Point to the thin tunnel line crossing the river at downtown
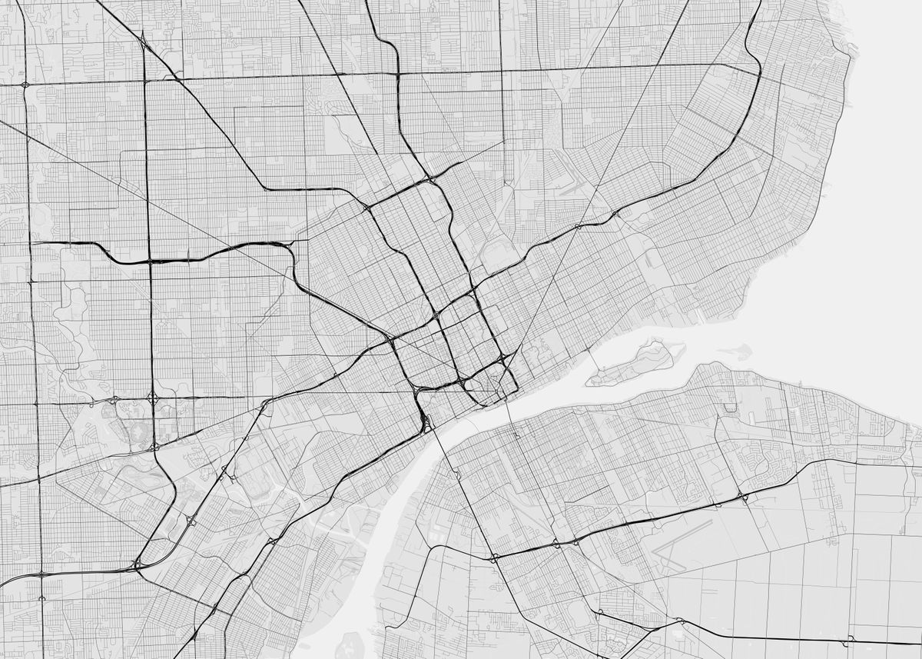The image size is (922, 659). (510, 415)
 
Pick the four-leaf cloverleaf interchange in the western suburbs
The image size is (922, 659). (152, 398)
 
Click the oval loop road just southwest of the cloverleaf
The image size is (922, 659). (127, 419)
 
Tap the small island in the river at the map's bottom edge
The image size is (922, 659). (350, 644)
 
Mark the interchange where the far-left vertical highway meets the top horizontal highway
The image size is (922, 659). (25, 83)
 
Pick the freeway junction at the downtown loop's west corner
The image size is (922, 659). (392, 339)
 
